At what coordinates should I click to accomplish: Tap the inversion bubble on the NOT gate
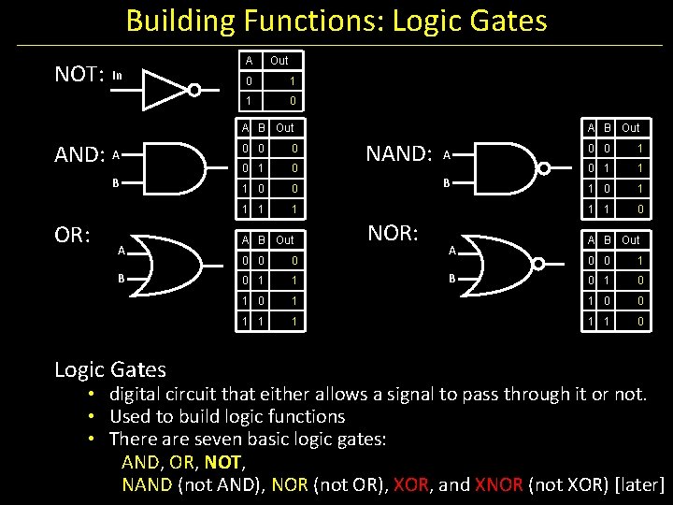tap(194, 90)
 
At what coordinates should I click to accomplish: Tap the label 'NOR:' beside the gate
tap(394, 233)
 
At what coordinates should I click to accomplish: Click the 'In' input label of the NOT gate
tap(117, 75)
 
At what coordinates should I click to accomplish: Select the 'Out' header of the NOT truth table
tap(279, 61)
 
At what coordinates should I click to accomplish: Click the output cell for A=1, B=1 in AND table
tap(293, 207)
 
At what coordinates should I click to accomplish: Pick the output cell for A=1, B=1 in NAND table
tap(638, 207)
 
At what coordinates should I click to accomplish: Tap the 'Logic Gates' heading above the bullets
tap(109, 369)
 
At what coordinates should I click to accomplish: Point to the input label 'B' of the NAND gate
tap(447, 183)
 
